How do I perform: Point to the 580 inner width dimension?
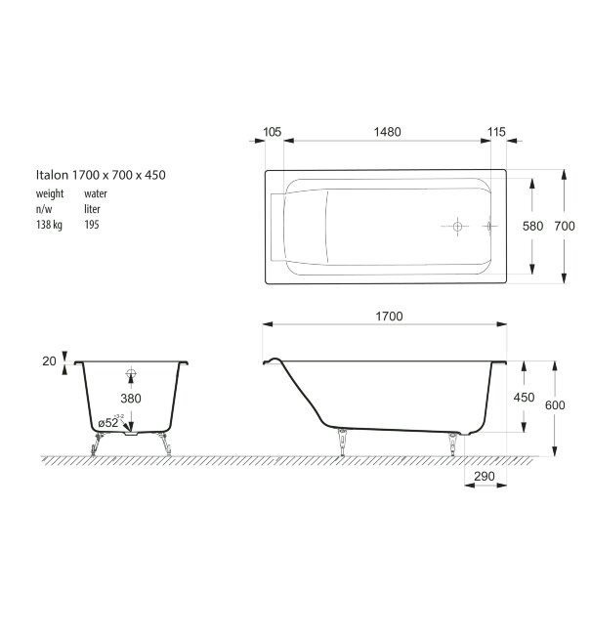(532, 226)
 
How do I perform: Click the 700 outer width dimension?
(564, 226)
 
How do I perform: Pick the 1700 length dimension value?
(387, 317)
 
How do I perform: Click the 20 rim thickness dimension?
(49, 360)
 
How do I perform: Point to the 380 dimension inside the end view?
(132, 399)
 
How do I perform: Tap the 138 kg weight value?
(49, 224)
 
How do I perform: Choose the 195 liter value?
(92, 224)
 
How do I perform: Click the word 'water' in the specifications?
(96, 193)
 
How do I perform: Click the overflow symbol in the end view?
(132, 372)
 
